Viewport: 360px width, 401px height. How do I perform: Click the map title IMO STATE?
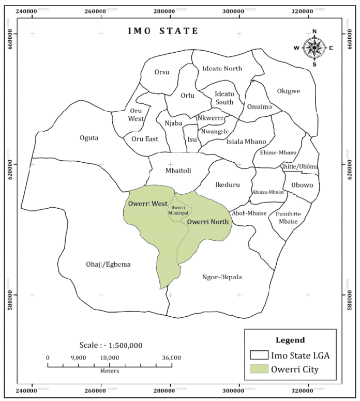click(163, 31)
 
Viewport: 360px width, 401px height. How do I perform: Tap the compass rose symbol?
click(314, 48)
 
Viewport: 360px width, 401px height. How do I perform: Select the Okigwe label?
click(289, 91)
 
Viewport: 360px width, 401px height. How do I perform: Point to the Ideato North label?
click(222, 68)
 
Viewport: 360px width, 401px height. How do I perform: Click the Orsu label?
click(161, 72)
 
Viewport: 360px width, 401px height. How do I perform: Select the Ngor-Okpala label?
click(221, 277)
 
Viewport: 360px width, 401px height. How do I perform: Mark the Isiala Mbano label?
click(246, 142)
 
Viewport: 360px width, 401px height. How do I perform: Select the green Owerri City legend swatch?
click(259, 369)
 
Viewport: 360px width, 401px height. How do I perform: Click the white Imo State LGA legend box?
click(259, 356)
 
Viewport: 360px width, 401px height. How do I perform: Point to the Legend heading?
click(290, 341)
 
